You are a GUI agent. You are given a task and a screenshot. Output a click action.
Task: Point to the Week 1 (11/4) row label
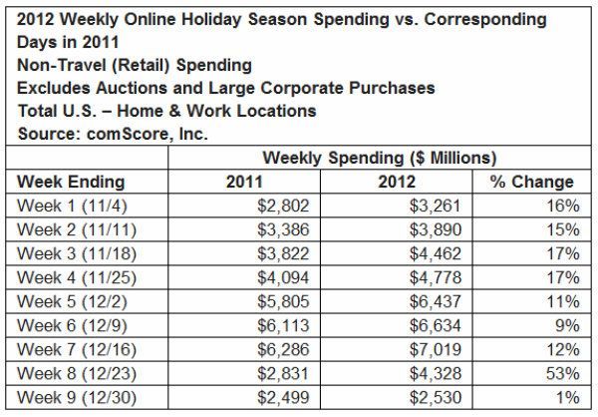point(72,208)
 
